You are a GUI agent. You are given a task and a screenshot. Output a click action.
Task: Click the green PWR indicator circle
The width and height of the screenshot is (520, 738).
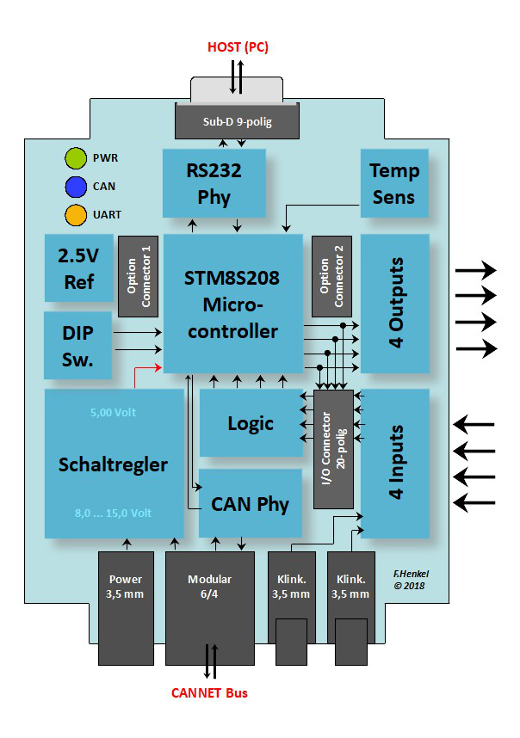pos(76,158)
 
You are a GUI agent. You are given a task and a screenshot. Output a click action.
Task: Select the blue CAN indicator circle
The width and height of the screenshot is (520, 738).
pos(76,186)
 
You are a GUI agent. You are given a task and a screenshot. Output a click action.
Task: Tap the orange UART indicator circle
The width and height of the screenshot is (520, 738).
pos(76,213)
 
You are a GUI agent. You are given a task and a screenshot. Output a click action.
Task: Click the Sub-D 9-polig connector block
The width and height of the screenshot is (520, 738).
pos(237,121)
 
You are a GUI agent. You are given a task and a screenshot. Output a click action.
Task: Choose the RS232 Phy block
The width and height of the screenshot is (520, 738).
pos(214,183)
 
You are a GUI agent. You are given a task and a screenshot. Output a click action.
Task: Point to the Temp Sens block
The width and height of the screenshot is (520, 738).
pos(393,183)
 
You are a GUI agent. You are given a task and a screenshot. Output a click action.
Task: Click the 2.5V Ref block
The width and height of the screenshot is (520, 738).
pos(78,268)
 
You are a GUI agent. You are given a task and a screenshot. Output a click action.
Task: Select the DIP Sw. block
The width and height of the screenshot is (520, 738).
pos(78,345)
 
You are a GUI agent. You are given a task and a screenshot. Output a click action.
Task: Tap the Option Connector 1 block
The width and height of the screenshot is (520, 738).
pos(138,276)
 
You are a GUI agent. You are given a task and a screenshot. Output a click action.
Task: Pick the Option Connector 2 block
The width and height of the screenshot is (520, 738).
pos(331,276)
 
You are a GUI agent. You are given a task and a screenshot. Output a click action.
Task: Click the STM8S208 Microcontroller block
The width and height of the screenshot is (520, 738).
pos(232,303)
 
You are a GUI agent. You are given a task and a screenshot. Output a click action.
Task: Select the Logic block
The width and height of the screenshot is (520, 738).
pos(251,423)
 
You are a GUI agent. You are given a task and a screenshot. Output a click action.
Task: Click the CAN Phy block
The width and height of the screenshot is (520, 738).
pos(251,503)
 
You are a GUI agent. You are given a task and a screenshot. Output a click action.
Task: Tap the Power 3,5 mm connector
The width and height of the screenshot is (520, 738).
pos(126,607)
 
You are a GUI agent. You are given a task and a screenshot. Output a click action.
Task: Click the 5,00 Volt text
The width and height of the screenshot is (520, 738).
pos(113,412)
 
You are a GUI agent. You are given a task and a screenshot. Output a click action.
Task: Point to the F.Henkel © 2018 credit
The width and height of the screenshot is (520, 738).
pos(411,578)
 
